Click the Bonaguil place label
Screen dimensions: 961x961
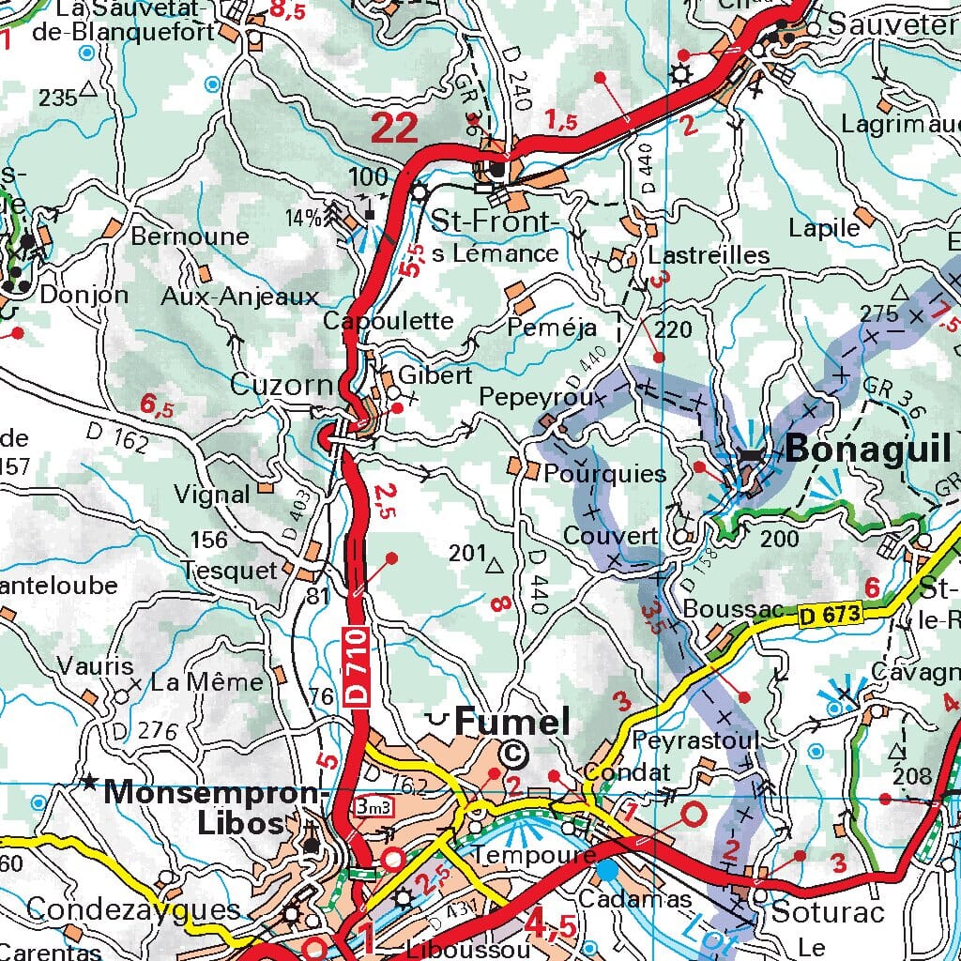tap(868, 450)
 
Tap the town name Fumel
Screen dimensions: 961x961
tap(512, 722)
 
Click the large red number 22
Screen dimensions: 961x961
tap(394, 128)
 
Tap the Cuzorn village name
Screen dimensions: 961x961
tap(282, 385)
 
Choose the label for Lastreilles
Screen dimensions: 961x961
tap(709, 255)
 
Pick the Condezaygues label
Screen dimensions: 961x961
tap(133, 908)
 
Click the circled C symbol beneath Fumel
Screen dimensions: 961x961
tap(512, 753)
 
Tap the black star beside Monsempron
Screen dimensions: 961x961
tap(90, 782)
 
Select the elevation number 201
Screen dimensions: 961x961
tap(468, 554)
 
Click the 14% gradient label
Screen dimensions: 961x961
tap(303, 219)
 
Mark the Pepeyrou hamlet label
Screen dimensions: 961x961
tap(536, 397)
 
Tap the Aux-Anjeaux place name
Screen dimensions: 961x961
tap(240, 297)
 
